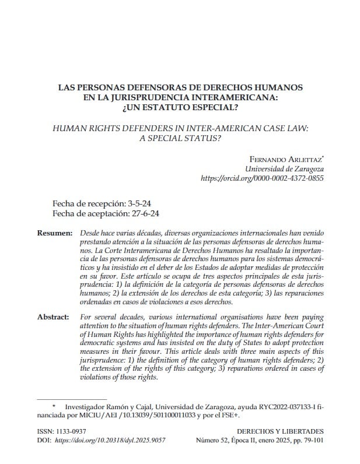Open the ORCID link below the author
pos(262,179)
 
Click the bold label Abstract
pos(54,317)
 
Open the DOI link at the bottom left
pos(110,441)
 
